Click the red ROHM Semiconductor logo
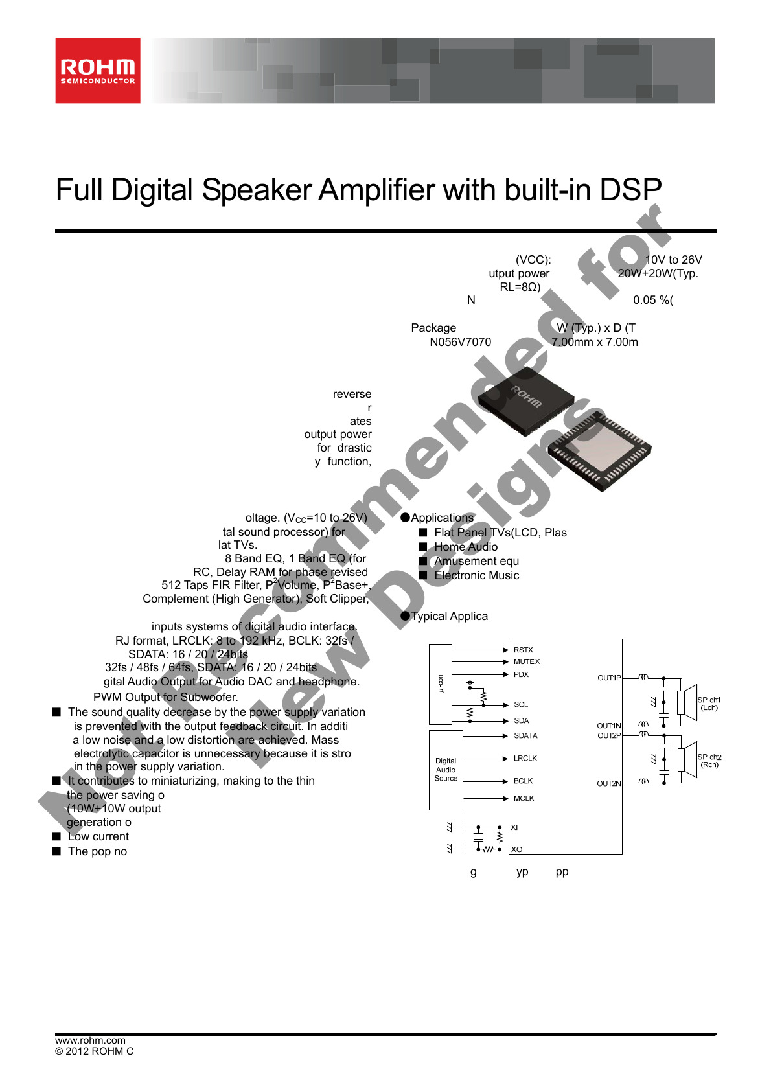point(98,70)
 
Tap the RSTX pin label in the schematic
point(523,650)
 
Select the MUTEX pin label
point(526,661)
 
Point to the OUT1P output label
point(608,678)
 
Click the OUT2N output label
point(608,783)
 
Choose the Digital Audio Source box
point(446,770)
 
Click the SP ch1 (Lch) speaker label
point(709,704)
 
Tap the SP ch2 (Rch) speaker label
point(709,761)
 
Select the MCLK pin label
point(524,798)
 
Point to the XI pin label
point(514,827)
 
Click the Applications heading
point(442,518)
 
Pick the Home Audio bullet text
point(466,547)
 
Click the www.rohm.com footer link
point(90,1040)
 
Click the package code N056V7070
point(460,342)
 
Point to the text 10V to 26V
point(673,260)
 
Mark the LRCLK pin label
point(525,758)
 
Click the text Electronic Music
point(476,575)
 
